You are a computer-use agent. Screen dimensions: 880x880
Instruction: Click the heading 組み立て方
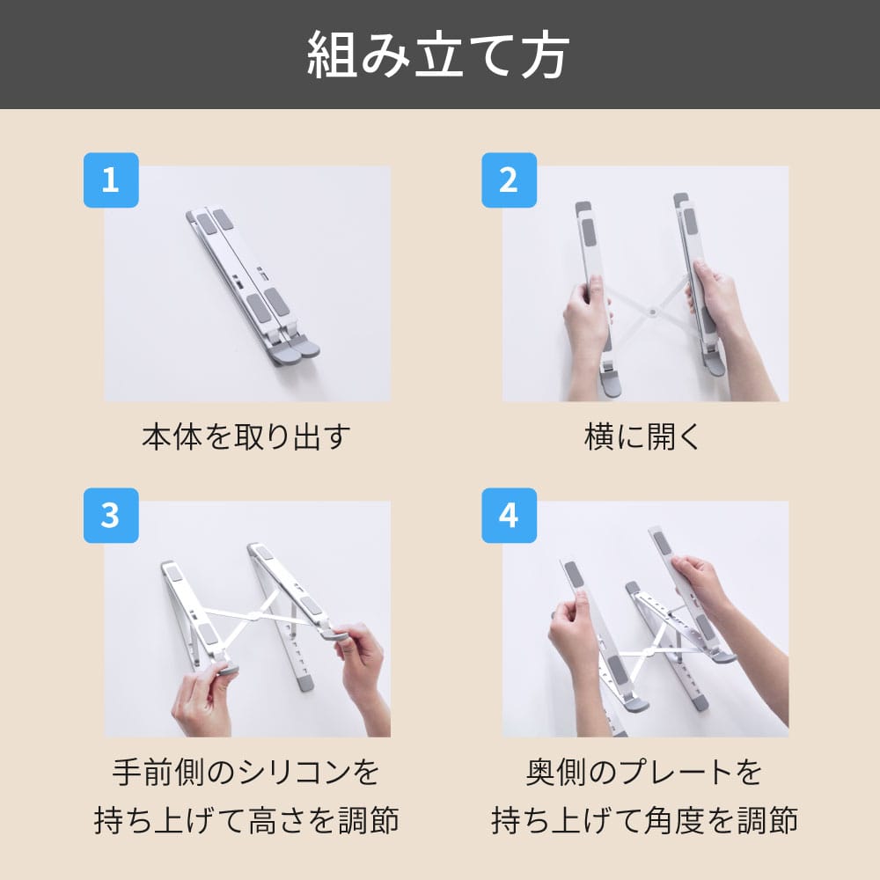pyautogui.click(x=438, y=55)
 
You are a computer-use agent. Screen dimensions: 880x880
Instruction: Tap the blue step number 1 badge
pyautogui.click(x=111, y=180)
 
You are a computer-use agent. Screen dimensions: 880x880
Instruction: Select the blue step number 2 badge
pyautogui.click(x=509, y=180)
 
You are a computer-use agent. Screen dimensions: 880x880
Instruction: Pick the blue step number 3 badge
pyautogui.click(x=111, y=515)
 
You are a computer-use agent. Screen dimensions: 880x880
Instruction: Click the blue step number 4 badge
pyautogui.click(x=509, y=515)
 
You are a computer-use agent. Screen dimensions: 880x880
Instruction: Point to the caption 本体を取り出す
pyautogui.click(x=246, y=436)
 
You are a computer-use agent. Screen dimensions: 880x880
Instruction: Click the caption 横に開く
pyautogui.click(x=643, y=436)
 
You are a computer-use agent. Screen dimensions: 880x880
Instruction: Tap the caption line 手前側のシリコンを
pyautogui.click(x=246, y=773)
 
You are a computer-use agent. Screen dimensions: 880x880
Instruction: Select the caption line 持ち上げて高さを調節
pyautogui.click(x=246, y=820)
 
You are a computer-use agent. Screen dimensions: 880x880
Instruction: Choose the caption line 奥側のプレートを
pyautogui.click(x=644, y=773)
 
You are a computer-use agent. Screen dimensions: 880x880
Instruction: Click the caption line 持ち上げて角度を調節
pyautogui.click(x=644, y=820)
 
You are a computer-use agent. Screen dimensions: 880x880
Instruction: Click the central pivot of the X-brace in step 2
pyautogui.click(x=651, y=310)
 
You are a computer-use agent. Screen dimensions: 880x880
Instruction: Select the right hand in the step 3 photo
pyautogui.click(x=362, y=673)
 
